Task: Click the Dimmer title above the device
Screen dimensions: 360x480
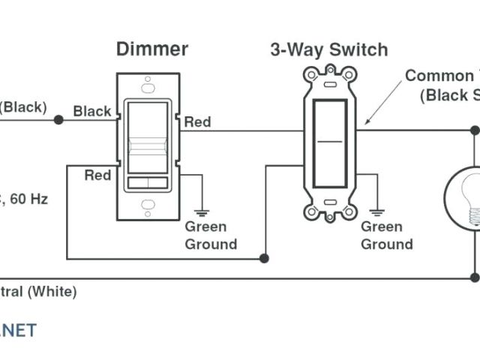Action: (x=151, y=49)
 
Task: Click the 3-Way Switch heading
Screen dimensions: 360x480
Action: (x=328, y=49)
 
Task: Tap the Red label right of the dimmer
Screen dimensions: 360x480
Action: (x=198, y=121)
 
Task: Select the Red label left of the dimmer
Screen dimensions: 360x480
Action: (x=97, y=175)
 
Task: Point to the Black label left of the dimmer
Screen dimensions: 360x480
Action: (x=91, y=111)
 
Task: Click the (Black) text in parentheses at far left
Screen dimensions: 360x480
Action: (x=22, y=106)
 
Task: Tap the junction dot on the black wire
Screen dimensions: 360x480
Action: (x=58, y=120)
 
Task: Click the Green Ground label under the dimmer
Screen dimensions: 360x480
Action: (x=211, y=235)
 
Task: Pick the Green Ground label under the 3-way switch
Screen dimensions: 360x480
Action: (x=387, y=235)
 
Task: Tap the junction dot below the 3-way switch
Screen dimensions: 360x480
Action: (x=264, y=259)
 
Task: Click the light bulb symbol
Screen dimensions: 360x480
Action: (x=463, y=198)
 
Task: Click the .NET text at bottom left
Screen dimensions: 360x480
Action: (x=18, y=330)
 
